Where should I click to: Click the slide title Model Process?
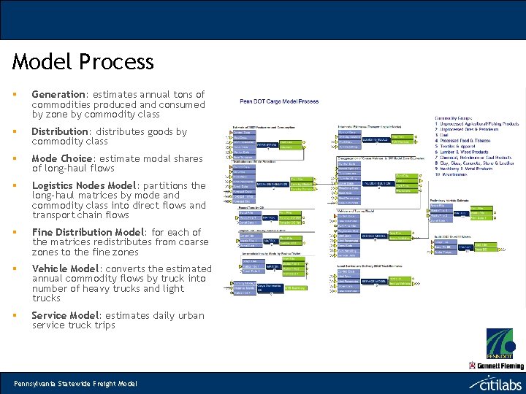click(x=83, y=62)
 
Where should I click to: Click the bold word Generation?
click(x=58, y=94)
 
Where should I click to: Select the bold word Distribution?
click(x=60, y=132)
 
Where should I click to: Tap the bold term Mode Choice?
click(x=64, y=158)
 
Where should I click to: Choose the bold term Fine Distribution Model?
click(x=88, y=232)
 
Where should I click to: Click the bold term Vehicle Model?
click(x=65, y=269)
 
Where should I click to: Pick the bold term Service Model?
click(x=65, y=315)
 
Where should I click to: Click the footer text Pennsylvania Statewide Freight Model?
click(x=75, y=383)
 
